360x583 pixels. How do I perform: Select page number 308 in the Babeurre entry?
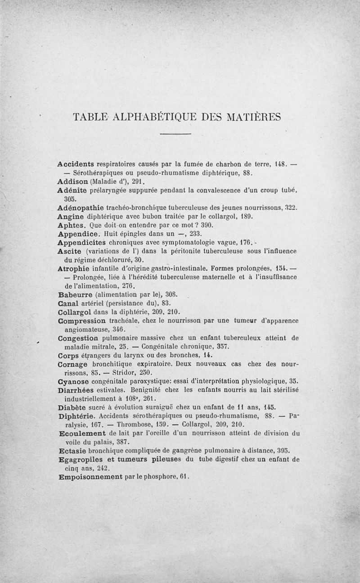coord(161,294)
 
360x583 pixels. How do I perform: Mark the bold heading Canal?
coord(69,303)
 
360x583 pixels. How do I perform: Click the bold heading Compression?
coord(83,321)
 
